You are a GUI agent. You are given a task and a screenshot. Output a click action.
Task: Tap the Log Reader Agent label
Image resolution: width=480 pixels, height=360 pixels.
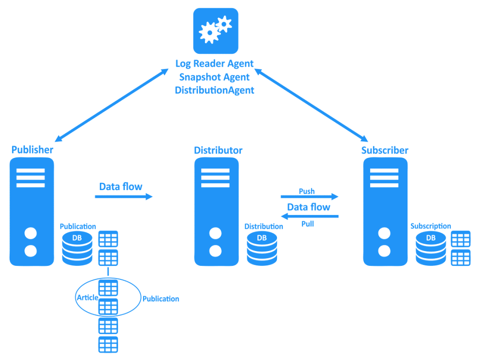(214, 63)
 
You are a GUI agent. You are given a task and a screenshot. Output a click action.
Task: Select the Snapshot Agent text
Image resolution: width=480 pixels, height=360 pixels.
(214, 77)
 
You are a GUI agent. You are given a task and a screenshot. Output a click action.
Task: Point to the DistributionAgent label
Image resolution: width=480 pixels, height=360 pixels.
(214, 90)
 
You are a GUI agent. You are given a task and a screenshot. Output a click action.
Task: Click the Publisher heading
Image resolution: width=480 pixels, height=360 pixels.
(32, 150)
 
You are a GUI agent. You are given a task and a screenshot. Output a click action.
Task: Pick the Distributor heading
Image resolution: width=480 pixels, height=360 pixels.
(218, 150)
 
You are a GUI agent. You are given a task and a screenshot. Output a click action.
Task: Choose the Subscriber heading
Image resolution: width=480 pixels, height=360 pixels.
(384, 150)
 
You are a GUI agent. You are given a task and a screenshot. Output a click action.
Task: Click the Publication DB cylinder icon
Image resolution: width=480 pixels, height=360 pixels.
(77, 248)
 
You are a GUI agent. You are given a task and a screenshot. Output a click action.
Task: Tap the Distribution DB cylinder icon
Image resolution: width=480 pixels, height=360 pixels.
(262, 248)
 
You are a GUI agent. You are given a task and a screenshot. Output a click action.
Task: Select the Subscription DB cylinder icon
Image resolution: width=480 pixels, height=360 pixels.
(431, 248)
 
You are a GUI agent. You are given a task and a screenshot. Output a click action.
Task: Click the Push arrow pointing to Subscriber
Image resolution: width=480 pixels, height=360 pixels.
(310, 196)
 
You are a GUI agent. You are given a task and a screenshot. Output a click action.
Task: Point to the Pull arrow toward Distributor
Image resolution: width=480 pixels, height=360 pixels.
(310, 217)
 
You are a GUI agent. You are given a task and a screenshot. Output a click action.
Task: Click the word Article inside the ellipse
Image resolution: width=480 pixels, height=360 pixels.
(87, 298)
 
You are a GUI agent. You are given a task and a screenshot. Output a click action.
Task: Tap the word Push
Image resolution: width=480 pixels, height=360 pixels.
(307, 191)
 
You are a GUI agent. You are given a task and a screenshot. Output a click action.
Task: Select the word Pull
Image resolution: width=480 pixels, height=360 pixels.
(308, 224)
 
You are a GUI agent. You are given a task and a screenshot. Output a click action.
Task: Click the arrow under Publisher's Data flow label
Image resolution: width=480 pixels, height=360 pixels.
(123, 196)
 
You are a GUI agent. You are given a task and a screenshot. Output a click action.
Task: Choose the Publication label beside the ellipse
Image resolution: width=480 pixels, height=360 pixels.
(161, 299)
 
